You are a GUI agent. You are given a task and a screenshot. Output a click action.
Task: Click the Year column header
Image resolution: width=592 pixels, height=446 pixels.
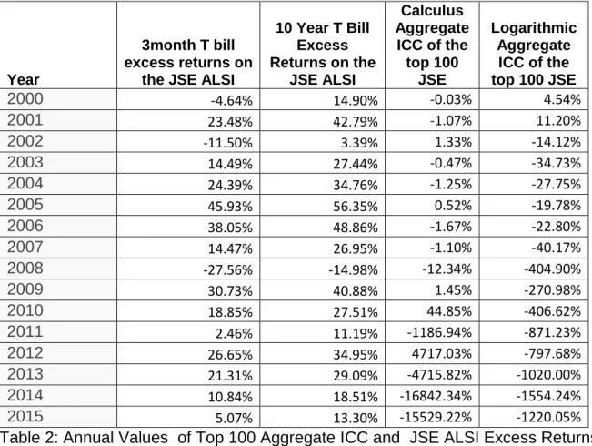(23, 79)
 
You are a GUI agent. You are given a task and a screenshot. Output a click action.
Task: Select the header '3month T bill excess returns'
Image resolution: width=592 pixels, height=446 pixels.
(188, 63)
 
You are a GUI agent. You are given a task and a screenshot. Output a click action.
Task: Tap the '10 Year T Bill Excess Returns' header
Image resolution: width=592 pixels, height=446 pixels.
(323, 54)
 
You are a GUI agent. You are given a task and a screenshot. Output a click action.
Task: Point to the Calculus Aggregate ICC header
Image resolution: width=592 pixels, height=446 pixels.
(432, 45)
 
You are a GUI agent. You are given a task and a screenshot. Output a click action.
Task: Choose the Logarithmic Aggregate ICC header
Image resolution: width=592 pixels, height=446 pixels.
(534, 54)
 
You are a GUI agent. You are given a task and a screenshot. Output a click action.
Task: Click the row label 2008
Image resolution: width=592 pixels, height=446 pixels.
(25, 268)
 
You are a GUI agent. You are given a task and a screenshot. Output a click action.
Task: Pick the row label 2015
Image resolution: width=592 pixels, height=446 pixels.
(25, 416)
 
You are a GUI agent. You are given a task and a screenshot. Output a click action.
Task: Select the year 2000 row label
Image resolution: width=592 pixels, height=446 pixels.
(25, 98)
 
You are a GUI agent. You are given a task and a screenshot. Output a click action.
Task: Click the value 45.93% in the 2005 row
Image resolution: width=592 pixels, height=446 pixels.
(229, 206)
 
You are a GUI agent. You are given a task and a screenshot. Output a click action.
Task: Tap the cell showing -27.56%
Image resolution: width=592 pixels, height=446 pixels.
(227, 269)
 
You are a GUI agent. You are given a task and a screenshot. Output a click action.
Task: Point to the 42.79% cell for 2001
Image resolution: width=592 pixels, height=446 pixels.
(356, 121)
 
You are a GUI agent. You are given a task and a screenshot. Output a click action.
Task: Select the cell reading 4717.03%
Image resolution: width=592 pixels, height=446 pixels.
(441, 353)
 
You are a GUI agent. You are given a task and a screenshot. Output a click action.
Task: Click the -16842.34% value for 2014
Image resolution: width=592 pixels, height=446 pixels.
(436, 396)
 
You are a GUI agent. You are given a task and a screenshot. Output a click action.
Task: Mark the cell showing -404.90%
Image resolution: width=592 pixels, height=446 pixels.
(552, 269)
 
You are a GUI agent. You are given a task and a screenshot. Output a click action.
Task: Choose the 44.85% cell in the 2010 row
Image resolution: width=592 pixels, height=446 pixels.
(449, 311)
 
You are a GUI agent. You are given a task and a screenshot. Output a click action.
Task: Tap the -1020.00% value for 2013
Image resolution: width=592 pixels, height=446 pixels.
(548, 375)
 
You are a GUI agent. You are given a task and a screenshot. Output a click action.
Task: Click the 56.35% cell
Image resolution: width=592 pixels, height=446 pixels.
(356, 206)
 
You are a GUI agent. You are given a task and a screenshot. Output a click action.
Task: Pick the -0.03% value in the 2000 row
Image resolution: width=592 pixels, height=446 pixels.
(451, 99)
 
